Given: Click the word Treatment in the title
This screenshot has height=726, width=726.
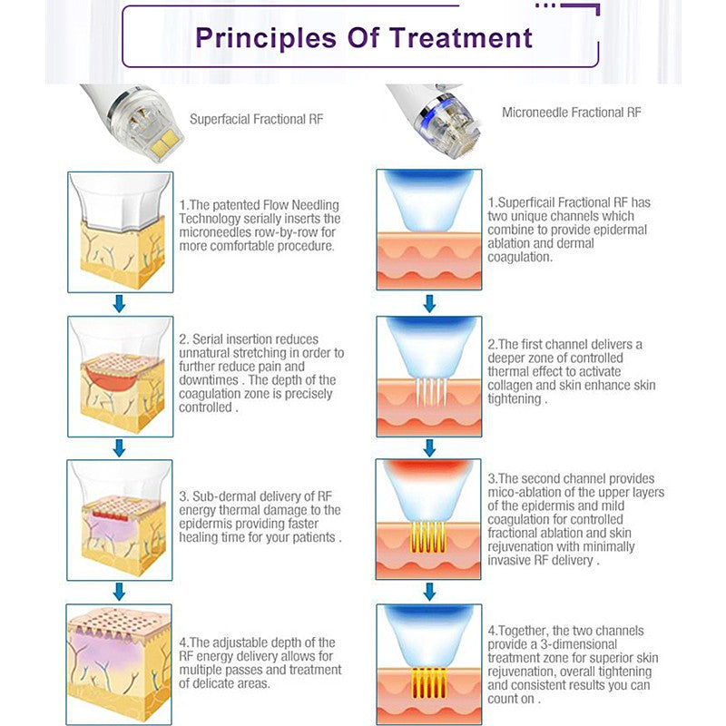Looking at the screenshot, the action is click(461, 37).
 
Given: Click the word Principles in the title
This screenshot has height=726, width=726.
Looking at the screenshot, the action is click(266, 38).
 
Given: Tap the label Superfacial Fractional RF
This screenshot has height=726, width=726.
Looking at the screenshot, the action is click(257, 120).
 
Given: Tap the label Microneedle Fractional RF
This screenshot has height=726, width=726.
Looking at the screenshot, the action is click(572, 113).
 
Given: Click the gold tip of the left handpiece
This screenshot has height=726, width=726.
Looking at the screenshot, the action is click(164, 142).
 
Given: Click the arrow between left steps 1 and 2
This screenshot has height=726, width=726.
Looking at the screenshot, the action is click(120, 304).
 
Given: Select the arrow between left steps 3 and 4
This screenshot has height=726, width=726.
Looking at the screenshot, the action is click(120, 592).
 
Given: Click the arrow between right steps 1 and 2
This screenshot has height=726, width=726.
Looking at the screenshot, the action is click(429, 304).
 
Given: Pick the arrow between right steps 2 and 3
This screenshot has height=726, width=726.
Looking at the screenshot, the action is click(429, 447).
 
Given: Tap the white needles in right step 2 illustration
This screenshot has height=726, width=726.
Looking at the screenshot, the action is click(430, 392).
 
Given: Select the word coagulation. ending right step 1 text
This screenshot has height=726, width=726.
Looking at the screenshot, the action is click(520, 258).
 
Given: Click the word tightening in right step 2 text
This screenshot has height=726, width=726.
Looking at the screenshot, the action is click(514, 399).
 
